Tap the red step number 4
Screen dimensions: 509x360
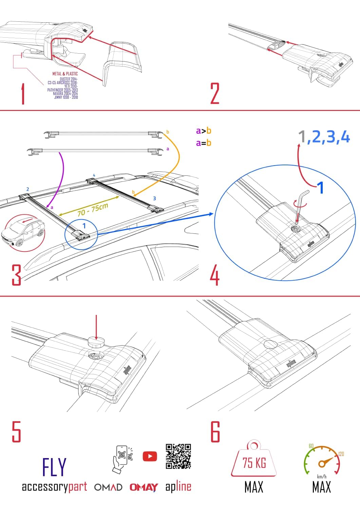214,276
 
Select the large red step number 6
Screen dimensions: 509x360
215,432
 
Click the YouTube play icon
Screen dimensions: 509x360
150,456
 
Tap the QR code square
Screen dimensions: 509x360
178,456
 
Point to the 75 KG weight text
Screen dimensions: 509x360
254,463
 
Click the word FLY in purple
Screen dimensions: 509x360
54,467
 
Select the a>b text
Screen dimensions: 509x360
204,131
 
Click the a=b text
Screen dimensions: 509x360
204,143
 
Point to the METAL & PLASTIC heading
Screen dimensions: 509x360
65,74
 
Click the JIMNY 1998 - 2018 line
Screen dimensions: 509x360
66,97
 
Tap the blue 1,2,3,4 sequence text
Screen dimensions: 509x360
324,137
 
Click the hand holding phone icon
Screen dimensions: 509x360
120,458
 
